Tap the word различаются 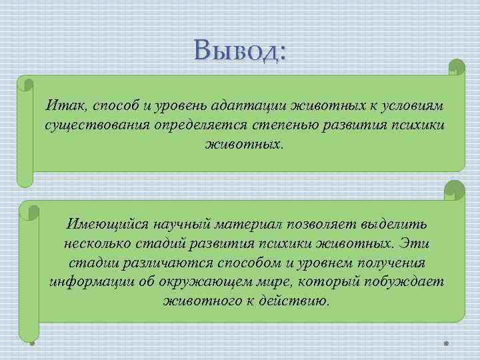159,262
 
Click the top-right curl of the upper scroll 456,67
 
